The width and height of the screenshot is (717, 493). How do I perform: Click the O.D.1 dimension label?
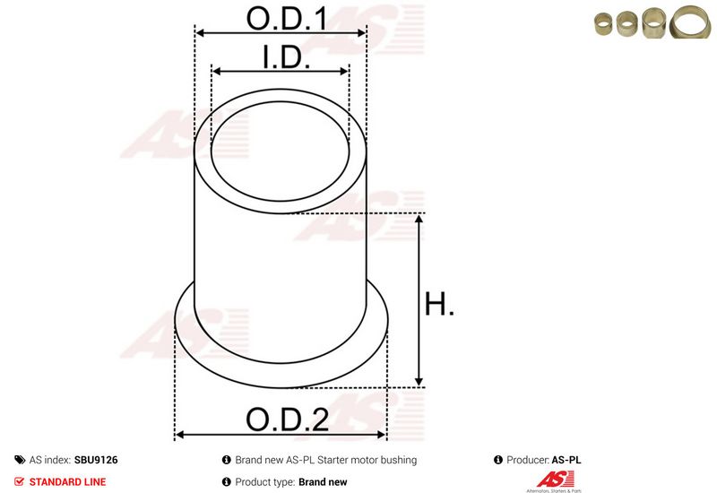pos(287,19)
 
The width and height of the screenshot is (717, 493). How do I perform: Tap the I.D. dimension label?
pos(286,57)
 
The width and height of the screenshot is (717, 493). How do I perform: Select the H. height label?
pos(439,304)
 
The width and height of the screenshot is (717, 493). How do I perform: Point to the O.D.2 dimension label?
pos(287,419)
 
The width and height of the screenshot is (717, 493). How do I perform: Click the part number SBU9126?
pos(96,460)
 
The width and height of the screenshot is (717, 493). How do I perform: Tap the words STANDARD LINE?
pos(67,481)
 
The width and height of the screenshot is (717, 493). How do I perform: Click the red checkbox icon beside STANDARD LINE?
pos(19,481)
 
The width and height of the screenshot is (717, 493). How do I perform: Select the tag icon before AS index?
pos(20,460)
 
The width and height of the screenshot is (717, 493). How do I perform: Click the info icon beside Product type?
pos(227,481)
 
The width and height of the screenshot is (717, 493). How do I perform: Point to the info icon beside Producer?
pos(498,460)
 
